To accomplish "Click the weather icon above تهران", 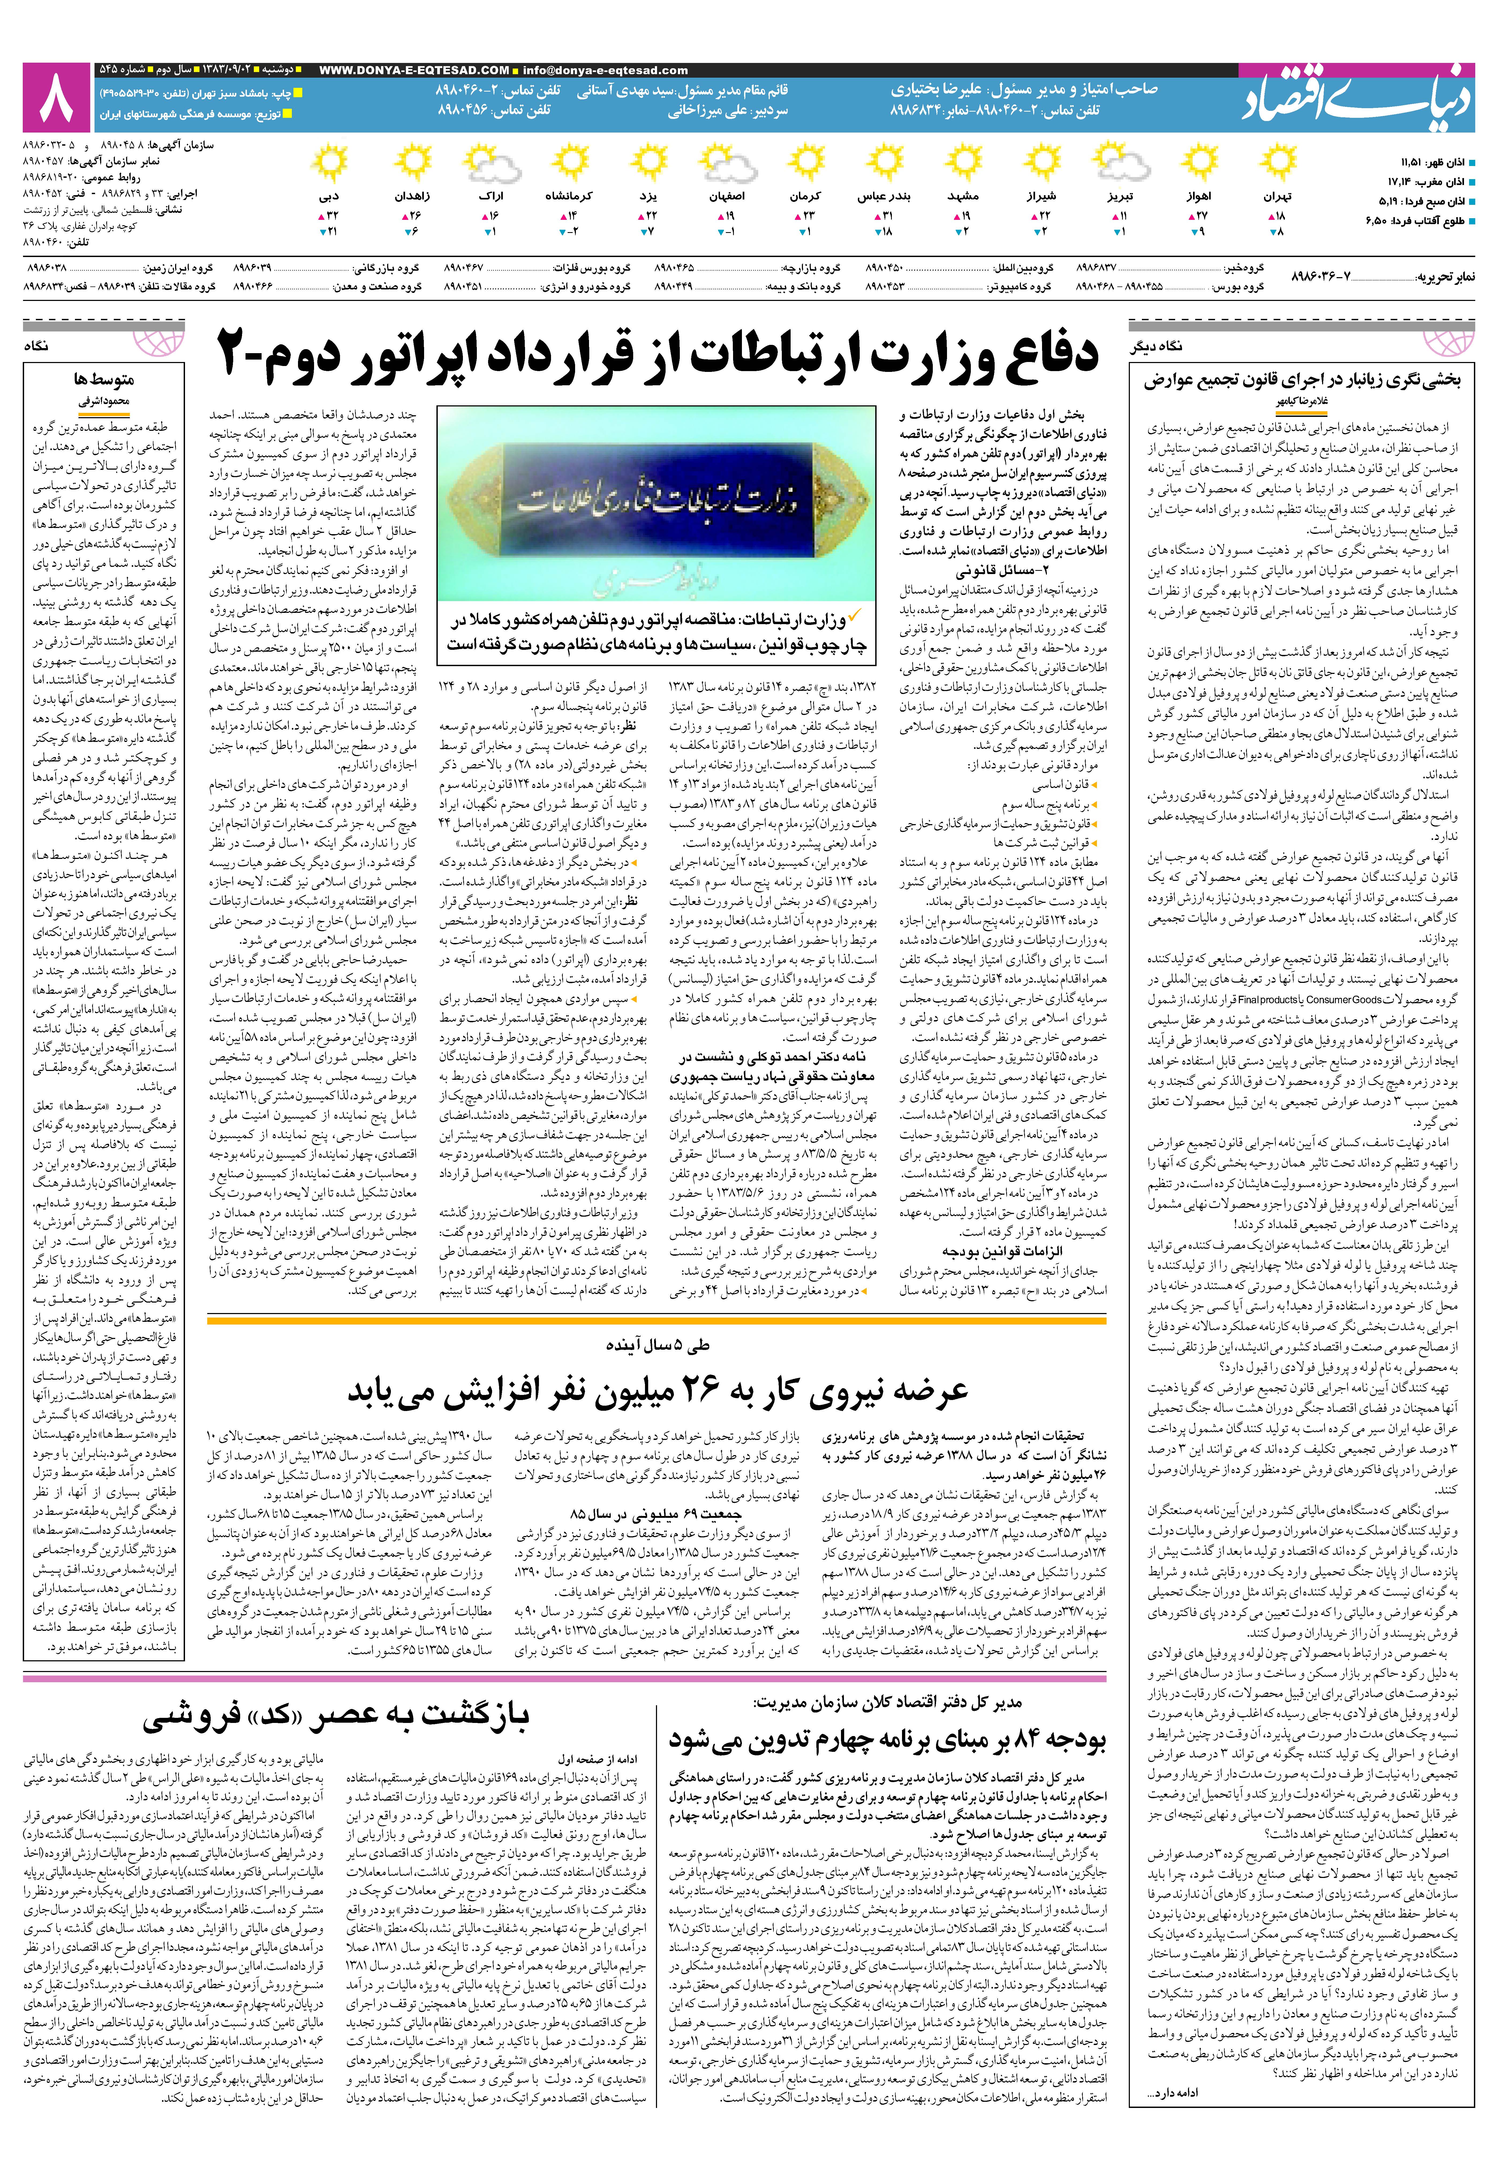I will click(x=1277, y=164).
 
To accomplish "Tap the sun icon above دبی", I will click(x=329, y=164).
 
